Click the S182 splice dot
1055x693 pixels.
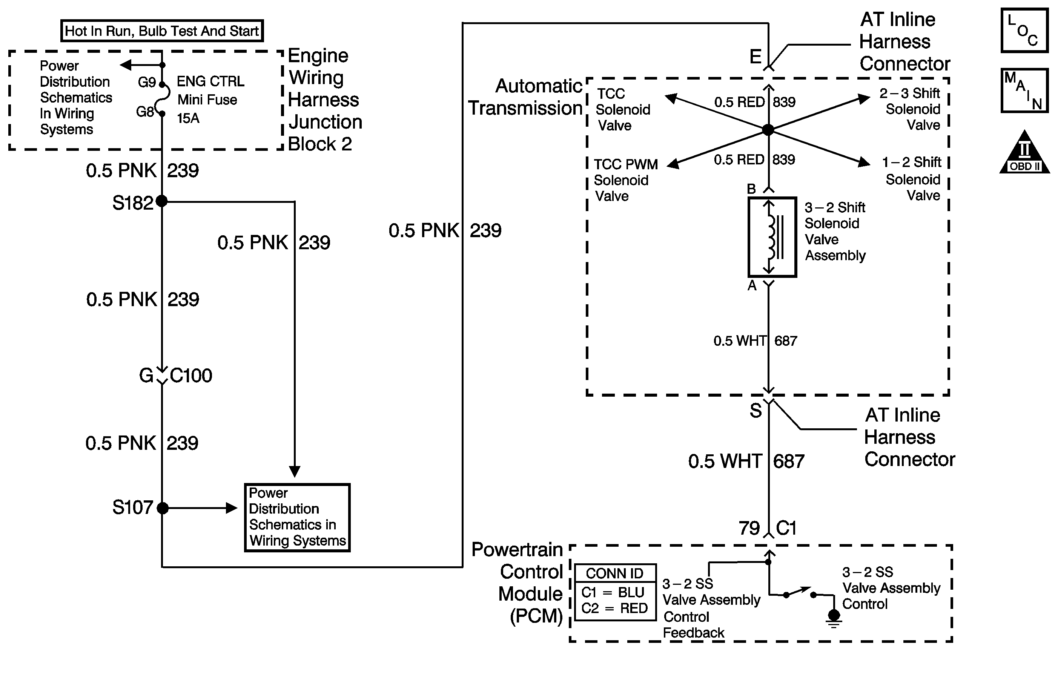coord(162,201)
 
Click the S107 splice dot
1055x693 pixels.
coord(163,508)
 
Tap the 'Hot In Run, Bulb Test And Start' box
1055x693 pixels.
coord(162,31)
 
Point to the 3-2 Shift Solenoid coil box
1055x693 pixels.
coord(772,237)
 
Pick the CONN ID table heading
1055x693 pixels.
coord(615,573)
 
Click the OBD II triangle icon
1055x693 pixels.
coord(1024,153)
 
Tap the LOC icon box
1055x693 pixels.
coord(1024,30)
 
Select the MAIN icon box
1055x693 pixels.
coord(1024,90)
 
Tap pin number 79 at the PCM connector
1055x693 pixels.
coord(749,528)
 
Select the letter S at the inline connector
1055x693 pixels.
coord(756,410)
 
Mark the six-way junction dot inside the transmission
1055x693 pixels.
coord(768,130)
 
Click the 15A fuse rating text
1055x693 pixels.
coord(188,118)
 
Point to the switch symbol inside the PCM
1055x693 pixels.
coord(800,593)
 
